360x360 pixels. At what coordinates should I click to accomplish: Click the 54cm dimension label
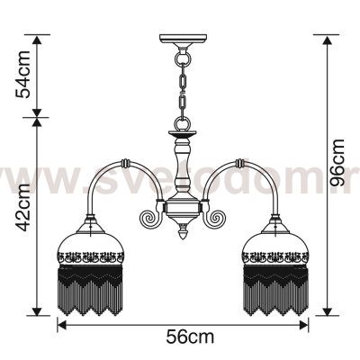point(23,75)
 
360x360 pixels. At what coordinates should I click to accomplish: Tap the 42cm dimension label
point(23,208)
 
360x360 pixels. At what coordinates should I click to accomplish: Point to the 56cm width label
point(190,337)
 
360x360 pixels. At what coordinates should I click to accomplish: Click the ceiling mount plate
point(184,40)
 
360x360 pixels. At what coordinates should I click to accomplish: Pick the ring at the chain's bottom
point(183,124)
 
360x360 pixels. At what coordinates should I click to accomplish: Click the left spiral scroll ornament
point(151,216)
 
